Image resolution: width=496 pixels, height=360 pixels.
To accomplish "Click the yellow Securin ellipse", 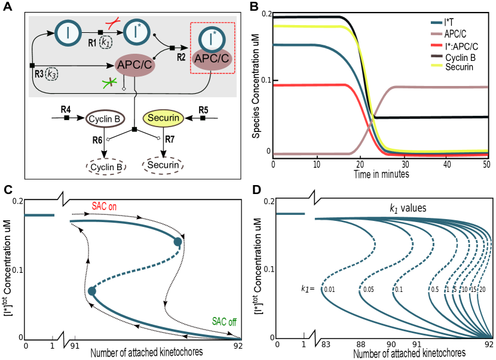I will [x=163, y=118].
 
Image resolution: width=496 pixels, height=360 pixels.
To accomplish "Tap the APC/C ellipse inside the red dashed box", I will [x=212, y=59].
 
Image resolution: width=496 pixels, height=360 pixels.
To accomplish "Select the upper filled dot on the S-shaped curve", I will [x=177, y=241].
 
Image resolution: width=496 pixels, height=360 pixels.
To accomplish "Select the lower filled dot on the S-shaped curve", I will [x=91, y=291].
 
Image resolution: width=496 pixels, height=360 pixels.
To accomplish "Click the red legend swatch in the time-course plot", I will [x=436, y=44].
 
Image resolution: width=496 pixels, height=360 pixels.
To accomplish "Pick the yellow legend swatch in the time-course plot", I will [x=436, y=64].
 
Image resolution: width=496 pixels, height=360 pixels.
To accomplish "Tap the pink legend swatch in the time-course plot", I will [x=436, y=33].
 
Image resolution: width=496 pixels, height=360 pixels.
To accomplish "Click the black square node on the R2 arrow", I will [x=172, y=47].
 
